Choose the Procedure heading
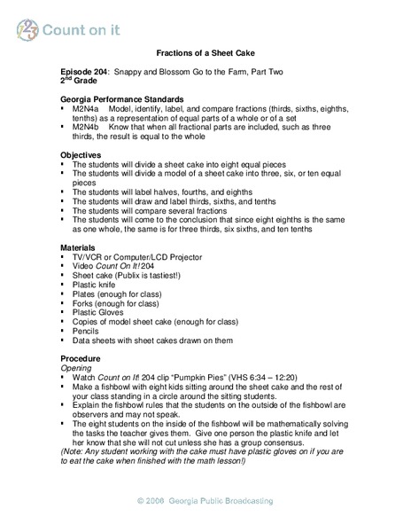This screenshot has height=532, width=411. click(x=81, y=357)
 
